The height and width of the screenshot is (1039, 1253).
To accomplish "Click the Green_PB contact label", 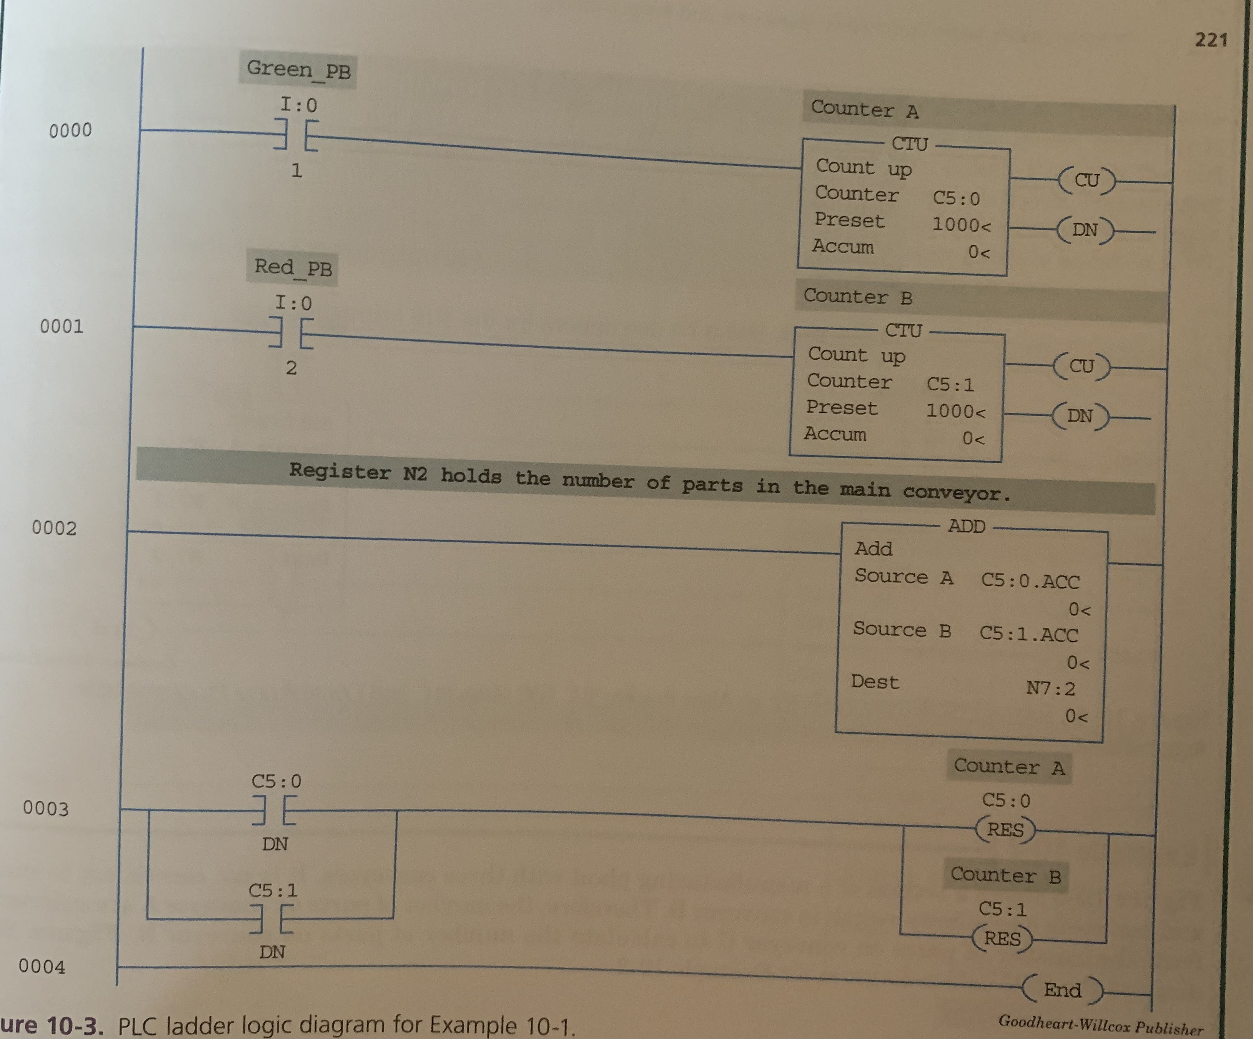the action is (298, 70).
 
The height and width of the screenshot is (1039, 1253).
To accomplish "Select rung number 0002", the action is (54, 528).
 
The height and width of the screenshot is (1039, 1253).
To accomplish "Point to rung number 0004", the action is (42, 966).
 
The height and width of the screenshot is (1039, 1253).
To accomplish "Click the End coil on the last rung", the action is (1062, 990).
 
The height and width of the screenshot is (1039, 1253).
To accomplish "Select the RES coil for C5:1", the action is (1002, 939).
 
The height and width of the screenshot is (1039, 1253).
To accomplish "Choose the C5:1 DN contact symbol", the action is (271, 918).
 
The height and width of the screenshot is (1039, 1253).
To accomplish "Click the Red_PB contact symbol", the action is (291, 333).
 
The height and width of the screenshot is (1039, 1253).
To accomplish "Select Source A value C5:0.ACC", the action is (1030, 581).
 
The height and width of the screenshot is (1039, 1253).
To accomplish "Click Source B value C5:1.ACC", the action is (1028, 634).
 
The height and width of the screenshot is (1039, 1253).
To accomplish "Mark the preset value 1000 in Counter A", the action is (961, 225).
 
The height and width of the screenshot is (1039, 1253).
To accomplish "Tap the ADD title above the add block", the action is (967, 526).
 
